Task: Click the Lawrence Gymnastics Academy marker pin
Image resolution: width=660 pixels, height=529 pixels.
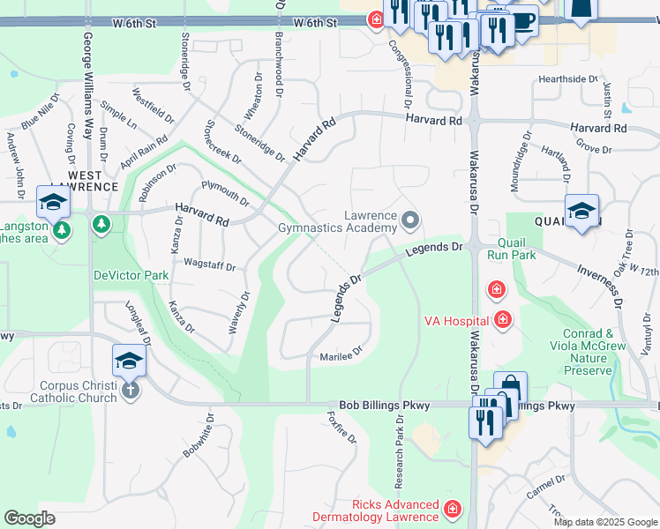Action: pos(409,219)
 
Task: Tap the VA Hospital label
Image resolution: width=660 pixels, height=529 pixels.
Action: pos(456,319)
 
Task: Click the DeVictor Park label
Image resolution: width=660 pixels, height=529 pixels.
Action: pos(131,275)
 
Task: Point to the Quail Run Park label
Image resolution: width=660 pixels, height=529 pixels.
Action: pos(517,249)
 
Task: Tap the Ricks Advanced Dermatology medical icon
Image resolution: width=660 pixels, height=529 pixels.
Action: pos(453,510)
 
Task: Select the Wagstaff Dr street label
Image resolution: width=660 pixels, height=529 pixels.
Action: pos(210,265)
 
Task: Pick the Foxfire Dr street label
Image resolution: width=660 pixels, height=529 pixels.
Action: pos(341,427)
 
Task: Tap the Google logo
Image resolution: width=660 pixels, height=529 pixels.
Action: pos(30,518)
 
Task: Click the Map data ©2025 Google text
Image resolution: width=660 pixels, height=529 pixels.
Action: pos(605,522)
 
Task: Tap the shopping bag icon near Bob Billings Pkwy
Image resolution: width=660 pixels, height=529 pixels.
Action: pos(511,389)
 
